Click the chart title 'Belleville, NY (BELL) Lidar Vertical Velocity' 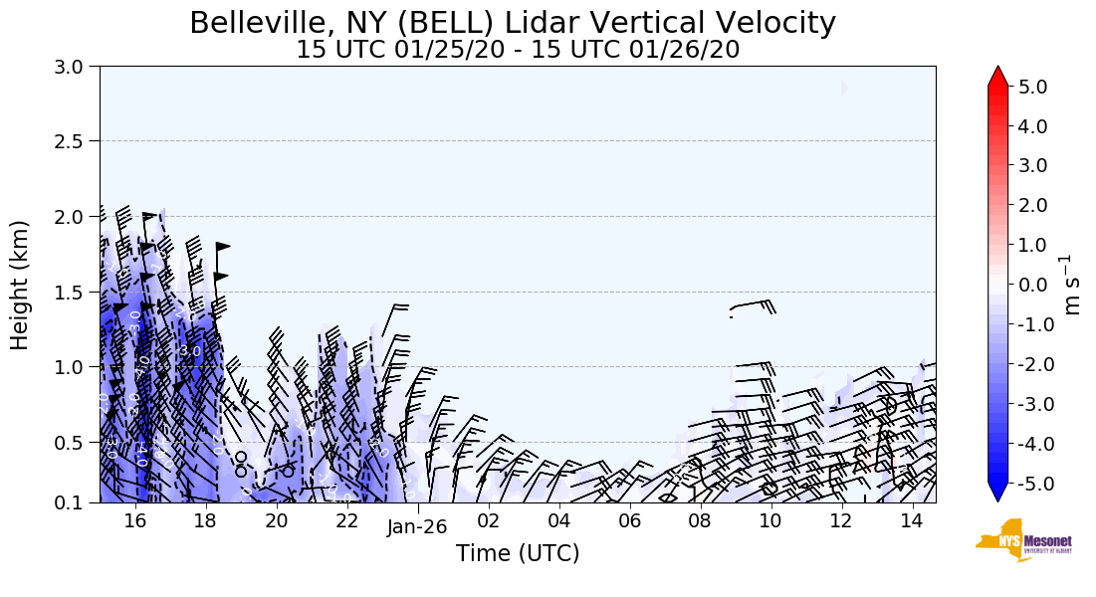tap(513, 23)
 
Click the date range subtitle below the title tap(518, 50)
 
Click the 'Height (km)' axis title tap(20, 285)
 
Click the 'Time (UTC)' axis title tap(518, 554)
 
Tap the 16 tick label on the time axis tap(135, 521)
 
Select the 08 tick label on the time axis tap(699, 521)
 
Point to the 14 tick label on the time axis tap(911, 521)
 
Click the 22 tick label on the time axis tap(346, 521)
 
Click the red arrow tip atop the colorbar tap(997, 75)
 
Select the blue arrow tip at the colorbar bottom tap(997, 495)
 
